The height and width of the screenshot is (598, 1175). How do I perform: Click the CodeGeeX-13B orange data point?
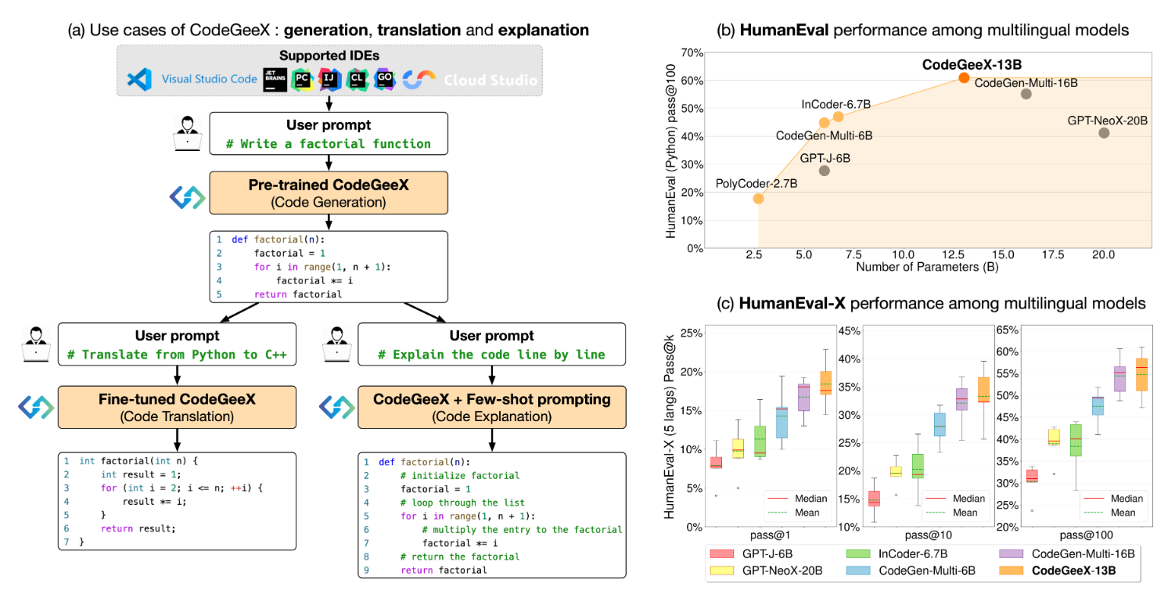point(964,77)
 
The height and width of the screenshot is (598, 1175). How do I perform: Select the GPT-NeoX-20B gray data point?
point(1104,133)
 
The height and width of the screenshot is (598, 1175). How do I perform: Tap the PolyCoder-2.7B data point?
point(758,199)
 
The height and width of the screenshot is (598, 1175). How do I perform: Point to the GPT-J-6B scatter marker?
point(824,171)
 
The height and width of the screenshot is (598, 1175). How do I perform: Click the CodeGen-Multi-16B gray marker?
point(1026,94)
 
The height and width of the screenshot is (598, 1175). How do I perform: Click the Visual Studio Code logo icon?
point(139,79)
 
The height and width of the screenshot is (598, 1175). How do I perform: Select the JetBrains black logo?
point(275,80)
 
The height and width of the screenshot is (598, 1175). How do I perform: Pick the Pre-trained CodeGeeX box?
point(329,193)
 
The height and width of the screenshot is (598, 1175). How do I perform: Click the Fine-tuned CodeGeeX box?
point(177,408)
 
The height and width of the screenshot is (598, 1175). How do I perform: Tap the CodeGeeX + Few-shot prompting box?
point(491,408)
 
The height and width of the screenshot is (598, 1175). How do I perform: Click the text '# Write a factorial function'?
point(329,144)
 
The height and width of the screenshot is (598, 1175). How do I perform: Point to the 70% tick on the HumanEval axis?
point(692,52)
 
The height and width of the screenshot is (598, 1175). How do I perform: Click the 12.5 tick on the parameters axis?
point(953,254)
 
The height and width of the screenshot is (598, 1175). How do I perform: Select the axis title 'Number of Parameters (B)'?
point(927,267)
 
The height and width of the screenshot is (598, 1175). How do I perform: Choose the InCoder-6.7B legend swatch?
point(858,554)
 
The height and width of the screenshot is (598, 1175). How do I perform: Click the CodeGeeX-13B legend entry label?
point(1073,571)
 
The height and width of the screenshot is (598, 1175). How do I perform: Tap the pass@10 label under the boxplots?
point(928,535)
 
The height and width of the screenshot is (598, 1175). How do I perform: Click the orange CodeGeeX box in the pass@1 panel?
point(825,383)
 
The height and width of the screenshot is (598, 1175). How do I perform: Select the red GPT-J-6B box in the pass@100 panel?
point(1032,476)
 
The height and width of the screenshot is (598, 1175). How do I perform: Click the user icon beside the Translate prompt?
point(36,344)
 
